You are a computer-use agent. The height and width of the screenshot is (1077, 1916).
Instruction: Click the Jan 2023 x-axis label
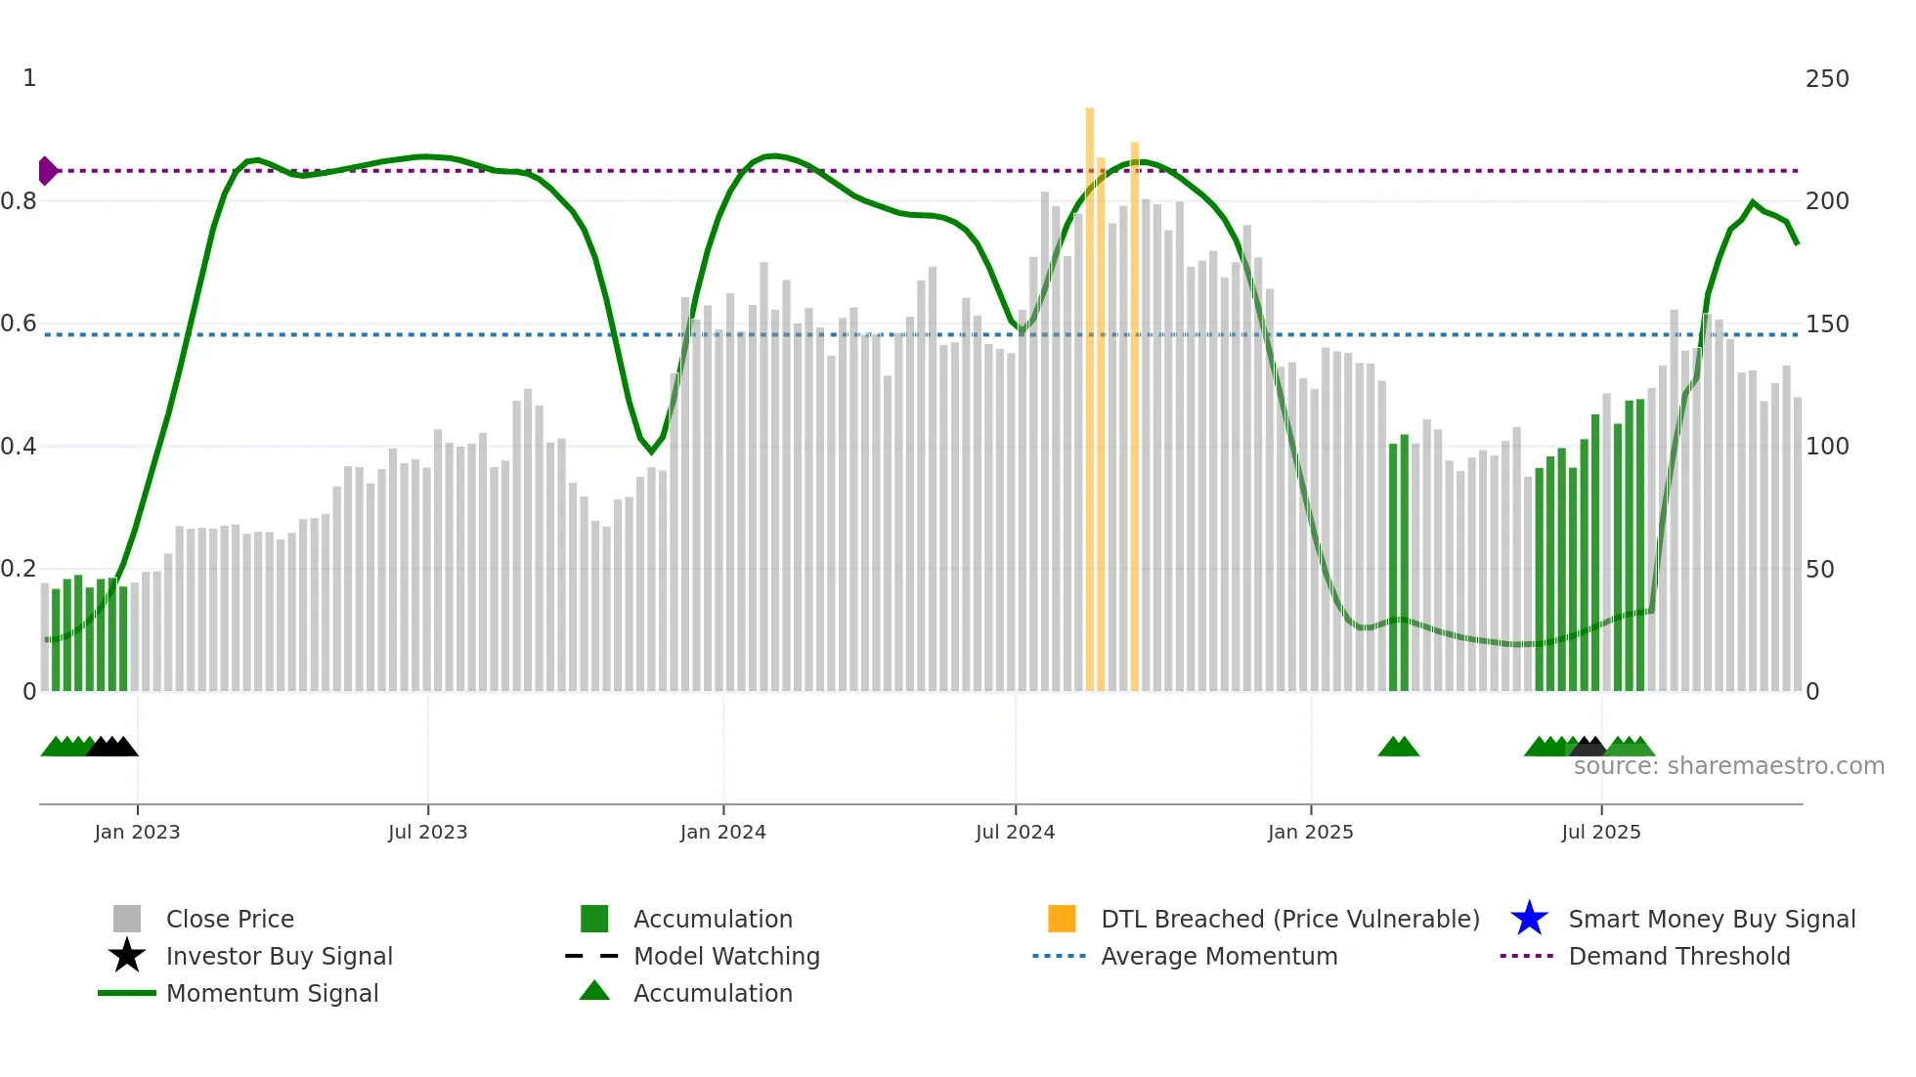click(x=137, y=832)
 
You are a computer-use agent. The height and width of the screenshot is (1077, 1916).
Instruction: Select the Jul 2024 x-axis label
click(x=1015, y=832)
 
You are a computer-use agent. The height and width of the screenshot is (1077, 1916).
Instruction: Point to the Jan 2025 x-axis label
click(x=1310, y=832)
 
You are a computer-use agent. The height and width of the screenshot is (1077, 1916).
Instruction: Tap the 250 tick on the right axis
click(x=1826, y=79)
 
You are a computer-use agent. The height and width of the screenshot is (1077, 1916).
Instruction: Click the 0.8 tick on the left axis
click(x=19, y=201)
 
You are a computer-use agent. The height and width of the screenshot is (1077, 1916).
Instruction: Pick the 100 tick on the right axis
click(x=1826, y=447)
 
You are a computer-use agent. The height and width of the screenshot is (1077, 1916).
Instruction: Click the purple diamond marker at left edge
click(x=47, y=171)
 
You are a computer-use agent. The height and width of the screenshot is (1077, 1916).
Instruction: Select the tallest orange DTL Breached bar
click(x=1090, y=391)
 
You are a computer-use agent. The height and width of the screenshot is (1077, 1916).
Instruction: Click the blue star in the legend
click(x=1529, y=919)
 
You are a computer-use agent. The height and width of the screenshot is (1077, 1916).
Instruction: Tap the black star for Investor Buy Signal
click(x=127, y=956)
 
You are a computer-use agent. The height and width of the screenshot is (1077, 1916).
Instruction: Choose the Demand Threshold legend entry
click(x=1678, y=956)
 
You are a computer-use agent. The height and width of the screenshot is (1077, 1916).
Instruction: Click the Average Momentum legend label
click(x=1218, y=956)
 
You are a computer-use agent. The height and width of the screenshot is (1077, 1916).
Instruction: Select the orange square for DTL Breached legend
click(x=1062, y=919)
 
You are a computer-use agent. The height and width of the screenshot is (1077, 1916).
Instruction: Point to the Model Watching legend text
click(x=726, y=956)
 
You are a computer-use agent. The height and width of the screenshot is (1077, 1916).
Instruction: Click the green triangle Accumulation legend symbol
click(x=594, y=991)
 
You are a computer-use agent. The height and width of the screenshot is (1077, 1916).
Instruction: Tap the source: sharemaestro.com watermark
click(x=1728, y=766)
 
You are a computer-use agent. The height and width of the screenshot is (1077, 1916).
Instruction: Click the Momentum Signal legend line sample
click(x=127, y=993)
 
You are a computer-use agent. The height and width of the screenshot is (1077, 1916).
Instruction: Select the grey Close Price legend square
click(x=127, y=919)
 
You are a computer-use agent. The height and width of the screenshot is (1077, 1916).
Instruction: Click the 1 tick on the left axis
click(x=29, y=78)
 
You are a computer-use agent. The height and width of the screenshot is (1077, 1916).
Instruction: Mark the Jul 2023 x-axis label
click(x=427, y=832)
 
